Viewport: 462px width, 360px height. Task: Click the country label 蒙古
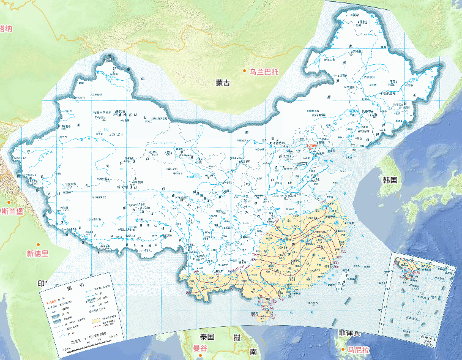pos(223,83)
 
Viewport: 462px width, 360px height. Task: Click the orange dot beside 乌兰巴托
pos(245,72)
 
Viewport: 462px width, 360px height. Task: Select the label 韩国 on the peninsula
pos(390,180)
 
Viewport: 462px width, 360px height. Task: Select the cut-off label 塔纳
pos(6,28)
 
